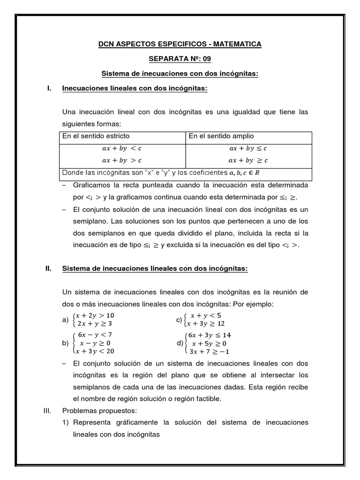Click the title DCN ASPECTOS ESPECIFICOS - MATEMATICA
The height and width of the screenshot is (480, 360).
[x=180, y=44]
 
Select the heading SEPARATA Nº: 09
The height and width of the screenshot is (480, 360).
[x=180, y=59]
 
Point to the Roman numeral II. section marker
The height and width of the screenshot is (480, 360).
[x=47, y=268]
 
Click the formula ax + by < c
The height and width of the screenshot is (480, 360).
[x=122, y=149]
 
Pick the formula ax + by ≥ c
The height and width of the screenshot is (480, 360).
[x=248, y=160]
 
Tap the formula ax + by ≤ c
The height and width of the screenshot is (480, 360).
[x=248, y=149]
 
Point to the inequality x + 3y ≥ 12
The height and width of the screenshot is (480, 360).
[x=205, y=323]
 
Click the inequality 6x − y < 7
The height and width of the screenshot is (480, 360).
[x=95, y=335]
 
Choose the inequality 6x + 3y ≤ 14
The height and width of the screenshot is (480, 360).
[x=209, y=335]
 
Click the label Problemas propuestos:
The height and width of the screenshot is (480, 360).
[x=99, y=411]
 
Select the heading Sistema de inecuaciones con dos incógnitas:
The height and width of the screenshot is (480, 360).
[x=180, y=74]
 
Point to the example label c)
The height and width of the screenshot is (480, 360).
[x=179, y=320]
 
